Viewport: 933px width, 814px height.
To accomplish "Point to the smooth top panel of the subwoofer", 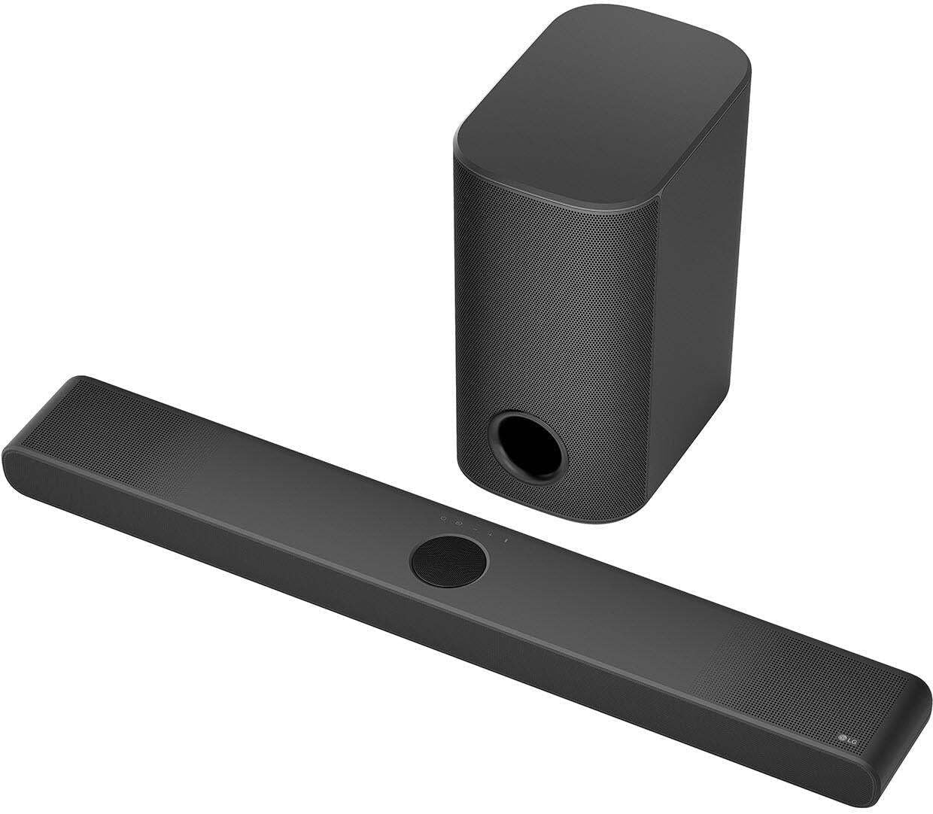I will click(x=602, y=83).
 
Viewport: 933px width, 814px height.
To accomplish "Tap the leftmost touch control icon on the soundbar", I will click(x=444, y=519).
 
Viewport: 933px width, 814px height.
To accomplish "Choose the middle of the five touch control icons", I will click(x=475, y=530).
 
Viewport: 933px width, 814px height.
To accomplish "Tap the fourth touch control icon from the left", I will click(x=491, y=535).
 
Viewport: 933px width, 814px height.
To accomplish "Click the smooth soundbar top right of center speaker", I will click(x=602, y=594).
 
